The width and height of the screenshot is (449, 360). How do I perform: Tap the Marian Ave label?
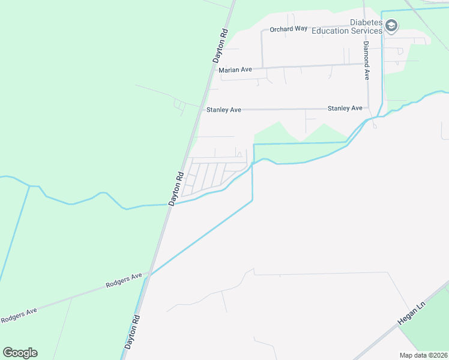(235, 70)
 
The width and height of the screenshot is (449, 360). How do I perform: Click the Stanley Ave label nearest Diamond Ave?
(345, 108)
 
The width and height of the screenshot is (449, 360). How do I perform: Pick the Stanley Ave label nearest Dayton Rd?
(223, 110)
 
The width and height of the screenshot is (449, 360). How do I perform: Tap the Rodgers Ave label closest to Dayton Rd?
(124, 280)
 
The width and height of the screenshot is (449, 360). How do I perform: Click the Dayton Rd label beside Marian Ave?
(220, 46)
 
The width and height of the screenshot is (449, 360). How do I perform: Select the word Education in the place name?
(332, 31)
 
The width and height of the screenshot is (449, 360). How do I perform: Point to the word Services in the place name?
(368, 31)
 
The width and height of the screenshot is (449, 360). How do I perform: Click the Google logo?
(20, 353)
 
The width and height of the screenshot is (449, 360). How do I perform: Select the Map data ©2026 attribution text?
(423, 355)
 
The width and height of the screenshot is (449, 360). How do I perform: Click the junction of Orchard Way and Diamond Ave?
(364, 28)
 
